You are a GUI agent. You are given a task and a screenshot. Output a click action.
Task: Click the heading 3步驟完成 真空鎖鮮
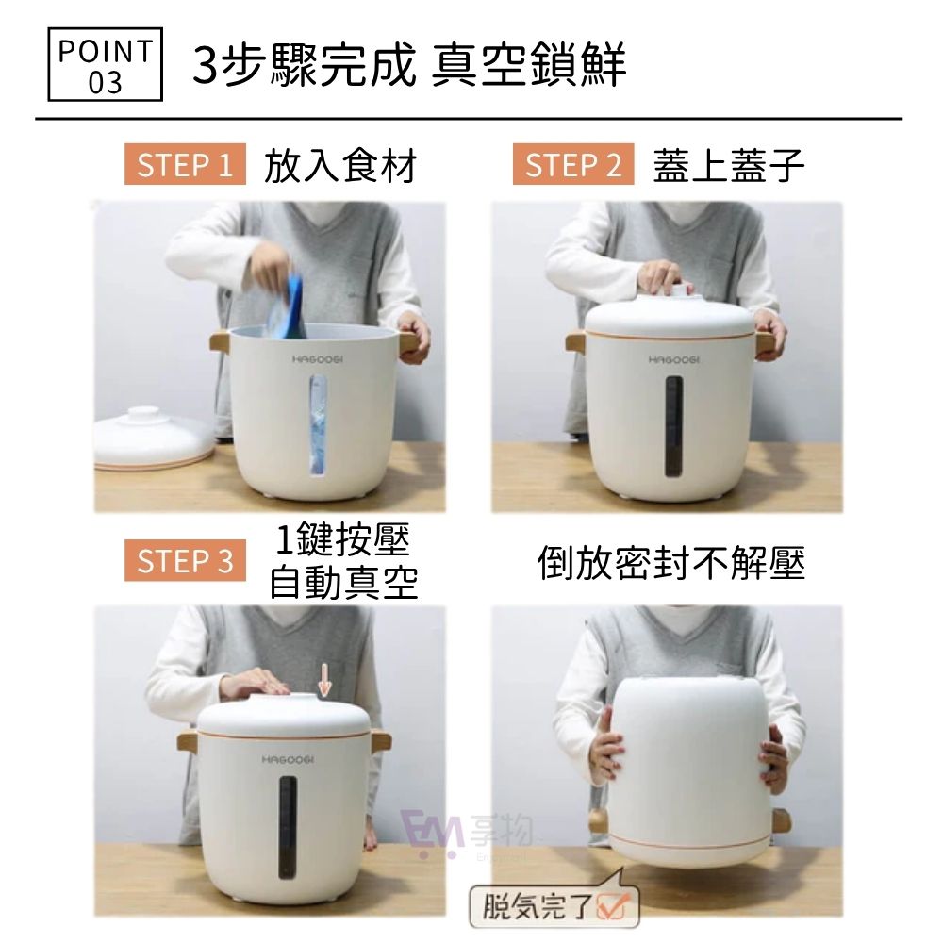tap(409, 65)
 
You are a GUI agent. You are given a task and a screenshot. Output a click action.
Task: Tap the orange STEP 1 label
tap(185, 166)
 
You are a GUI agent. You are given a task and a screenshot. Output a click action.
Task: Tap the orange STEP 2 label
tap(573, 166)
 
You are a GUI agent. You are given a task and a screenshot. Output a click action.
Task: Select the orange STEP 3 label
tap(185, 561)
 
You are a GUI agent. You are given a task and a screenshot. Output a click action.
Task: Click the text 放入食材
tap(339, 167)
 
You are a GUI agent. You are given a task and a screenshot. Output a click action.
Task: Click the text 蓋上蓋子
tap(728, 167)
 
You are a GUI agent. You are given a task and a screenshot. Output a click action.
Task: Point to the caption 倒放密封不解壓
tap(671, 564)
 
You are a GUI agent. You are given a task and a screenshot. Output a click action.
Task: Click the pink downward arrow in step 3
tap(324, 679)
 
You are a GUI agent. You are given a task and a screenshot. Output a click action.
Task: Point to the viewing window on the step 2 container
tap(672, 424)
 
